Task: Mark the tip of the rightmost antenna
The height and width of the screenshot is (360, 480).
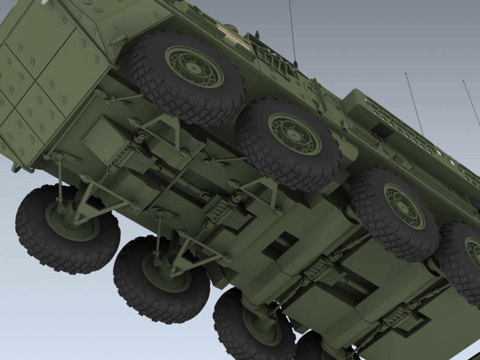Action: tap(464, 81)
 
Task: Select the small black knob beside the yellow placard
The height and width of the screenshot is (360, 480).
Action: tap(257, 34)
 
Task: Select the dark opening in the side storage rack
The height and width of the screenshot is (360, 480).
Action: tap(380, 128)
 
